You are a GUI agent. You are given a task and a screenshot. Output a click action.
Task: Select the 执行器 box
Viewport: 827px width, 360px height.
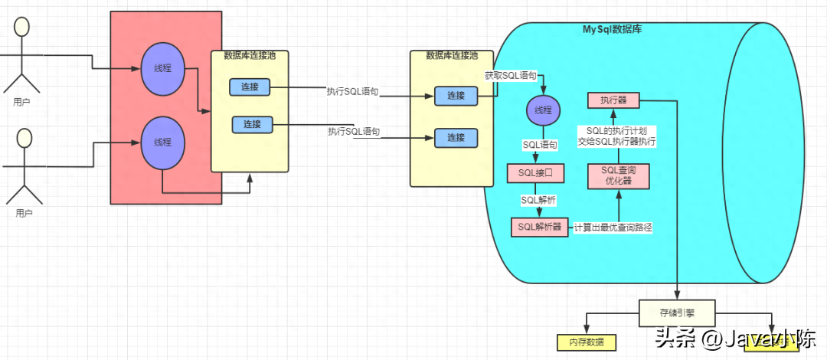[x=613, y=100]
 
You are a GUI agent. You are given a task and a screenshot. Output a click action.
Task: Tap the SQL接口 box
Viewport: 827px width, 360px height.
[x=535, y=173]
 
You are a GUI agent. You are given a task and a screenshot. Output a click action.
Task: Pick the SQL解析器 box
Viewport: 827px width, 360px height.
[x=540, y=227]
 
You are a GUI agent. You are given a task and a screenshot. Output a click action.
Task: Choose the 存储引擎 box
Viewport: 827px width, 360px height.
[x=677, y=313]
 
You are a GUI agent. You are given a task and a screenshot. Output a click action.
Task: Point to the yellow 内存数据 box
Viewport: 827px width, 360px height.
[x=586, y=342]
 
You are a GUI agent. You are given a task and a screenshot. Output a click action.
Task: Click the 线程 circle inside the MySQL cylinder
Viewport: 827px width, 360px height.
[x=543, y=110]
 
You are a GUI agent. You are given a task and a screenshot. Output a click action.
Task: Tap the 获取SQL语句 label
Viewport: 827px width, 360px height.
[x=510, y=76]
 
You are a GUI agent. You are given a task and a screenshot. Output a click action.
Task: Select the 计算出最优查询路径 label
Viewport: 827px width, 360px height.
[x=613, y=227]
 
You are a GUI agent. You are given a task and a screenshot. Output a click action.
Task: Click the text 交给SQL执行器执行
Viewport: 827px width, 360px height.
[x=617, y=142]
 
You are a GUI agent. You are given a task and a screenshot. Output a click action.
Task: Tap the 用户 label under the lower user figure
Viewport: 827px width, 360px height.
[x=24, y=213]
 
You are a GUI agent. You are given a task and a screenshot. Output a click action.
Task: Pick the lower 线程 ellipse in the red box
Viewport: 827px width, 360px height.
[x=162, y=142]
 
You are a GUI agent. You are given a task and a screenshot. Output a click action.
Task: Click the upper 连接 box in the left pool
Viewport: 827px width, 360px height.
[x=250, y=87]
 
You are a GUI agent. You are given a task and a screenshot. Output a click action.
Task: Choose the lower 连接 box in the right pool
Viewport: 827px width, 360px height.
[x=456, y=138]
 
